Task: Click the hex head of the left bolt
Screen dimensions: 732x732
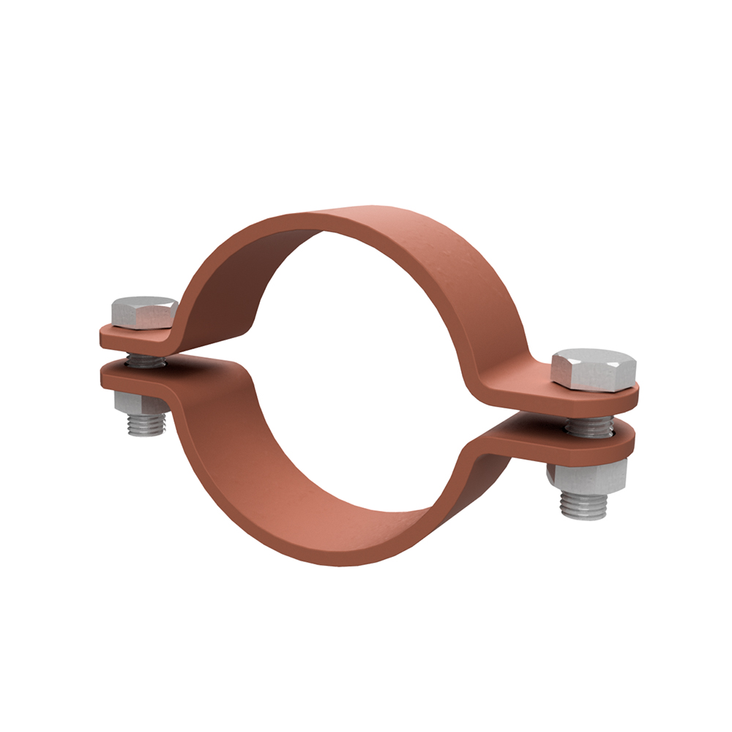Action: click(144, 313)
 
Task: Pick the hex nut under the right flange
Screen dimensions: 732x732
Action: click(587, 476)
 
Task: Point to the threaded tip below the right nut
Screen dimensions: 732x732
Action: click(583, 505)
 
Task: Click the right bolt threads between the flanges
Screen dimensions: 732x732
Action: click(589, 425)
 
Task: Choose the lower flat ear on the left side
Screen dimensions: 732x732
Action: click(132, 377)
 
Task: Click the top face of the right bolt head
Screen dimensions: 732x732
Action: click(593, 359)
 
